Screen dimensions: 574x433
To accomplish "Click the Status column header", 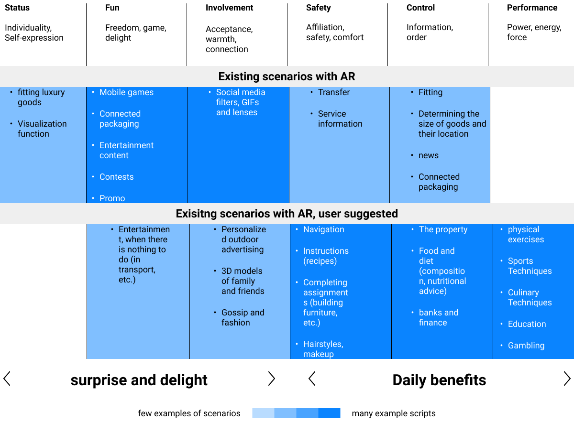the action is tap(17, 8).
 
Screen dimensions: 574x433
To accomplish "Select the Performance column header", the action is tap(532, 8).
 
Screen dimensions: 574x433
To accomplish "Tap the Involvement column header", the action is tap(229, 8).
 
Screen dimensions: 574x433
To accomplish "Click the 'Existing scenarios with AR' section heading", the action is tap(287, 76).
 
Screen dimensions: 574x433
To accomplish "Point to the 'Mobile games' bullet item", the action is tap(126, 92).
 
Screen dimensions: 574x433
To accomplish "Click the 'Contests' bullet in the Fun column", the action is tap(116, 177).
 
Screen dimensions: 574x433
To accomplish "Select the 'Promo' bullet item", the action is tap(112, 198).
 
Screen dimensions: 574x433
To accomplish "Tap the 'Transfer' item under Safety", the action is tap(334, 92).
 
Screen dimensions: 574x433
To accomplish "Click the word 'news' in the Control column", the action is tap(428, 155).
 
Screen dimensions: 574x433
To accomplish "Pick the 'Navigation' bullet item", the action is tap(323, 229).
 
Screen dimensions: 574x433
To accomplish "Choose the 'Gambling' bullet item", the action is tap(526, 345).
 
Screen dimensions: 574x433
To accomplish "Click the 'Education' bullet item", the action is tap(527, 324).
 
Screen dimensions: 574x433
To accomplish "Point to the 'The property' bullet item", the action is tap(443, 229).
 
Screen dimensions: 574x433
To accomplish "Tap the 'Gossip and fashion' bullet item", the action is tap(243, 317).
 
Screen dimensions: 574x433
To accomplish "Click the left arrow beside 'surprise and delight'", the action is tap(7, 379).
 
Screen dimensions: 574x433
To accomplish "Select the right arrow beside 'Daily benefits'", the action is tap(567, 379).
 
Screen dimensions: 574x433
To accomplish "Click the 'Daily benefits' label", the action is tap(439, 380).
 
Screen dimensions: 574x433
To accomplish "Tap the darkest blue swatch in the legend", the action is tap(329, 413).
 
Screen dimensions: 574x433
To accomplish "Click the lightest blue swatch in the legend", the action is tap(263, 413).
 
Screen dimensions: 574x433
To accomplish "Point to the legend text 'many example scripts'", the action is tap(394, 413).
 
